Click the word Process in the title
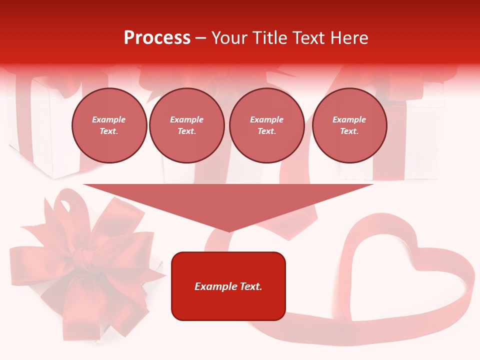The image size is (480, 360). point(157,38)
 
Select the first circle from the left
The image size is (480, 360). point(109,125)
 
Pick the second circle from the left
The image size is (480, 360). point(186,125)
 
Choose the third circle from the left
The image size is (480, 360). point(266,125)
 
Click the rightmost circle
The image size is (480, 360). point(349,125)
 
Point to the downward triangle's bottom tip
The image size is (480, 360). point(229,230)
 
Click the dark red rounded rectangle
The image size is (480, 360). point(228,305)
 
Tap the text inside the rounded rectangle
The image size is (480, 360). point(228,286)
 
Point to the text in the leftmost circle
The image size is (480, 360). point(109,125)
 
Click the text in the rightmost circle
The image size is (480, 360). point(349,125)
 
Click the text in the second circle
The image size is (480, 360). point(186,125)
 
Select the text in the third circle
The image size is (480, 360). point(266,125)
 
